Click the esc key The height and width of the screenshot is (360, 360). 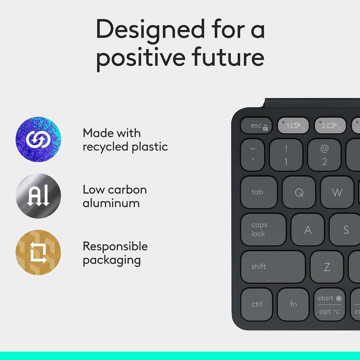tap(257, 125)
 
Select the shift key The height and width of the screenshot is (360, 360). tap(273, 267)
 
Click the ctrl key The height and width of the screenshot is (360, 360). tap(257, 304)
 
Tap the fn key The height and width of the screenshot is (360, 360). tap(293, 304)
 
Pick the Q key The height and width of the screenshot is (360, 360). tap(299, 192)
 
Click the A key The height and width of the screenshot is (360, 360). tap(308, 230)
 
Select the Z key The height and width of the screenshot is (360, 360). tap(327, 267)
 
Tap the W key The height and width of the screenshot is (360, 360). tap(337, 192)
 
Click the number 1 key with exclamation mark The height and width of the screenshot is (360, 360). tap(286, 155)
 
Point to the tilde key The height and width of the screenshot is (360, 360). tap(253, 155)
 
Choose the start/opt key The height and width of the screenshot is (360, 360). tap(329, 304)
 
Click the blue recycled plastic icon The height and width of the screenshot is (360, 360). tap(38, 139)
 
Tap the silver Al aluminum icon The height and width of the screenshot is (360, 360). tap(38, 196)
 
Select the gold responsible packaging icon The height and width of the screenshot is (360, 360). tap(38, 253)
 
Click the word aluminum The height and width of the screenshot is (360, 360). tap(111, 203)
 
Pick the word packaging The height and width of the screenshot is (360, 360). tap(112, 260)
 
